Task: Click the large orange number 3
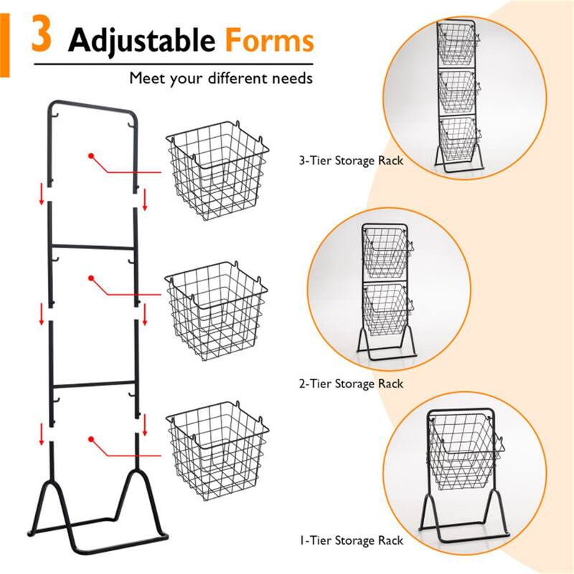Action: tap(42, 37)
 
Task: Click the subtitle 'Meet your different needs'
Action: tap(221, 77)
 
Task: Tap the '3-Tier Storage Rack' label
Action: tap(350, 161)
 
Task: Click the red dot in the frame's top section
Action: tap(91, 155)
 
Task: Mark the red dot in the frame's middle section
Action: tap(91, 278)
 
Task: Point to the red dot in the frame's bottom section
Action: tap(91, 438)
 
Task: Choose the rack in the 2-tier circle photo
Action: tap(385, 290)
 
